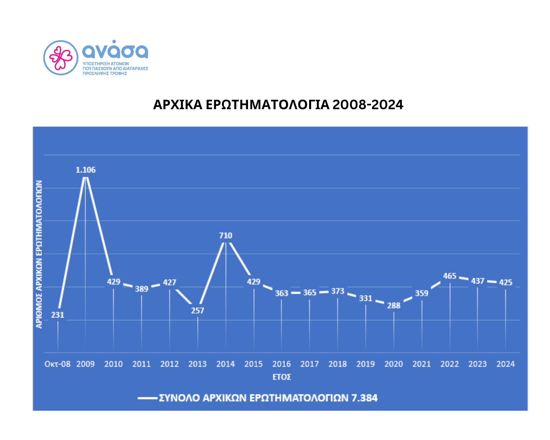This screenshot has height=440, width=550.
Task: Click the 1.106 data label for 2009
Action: pos(86,170)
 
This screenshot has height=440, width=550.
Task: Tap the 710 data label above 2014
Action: pos(226,235)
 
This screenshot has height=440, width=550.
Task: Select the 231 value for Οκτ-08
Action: pos(57,315)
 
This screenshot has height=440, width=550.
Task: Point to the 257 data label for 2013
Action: pos(197,311)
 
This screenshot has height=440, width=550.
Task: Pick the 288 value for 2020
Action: pos(394,306)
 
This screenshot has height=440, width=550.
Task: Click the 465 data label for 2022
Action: pos(450,276)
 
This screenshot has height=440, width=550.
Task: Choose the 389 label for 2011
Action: pos(142,289)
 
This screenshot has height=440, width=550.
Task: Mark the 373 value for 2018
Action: pos(338,291)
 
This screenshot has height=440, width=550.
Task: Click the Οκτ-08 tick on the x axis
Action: pos(57,364)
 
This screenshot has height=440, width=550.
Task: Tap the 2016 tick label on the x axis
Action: pos(281,364)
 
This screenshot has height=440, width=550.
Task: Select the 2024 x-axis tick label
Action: pos(505,364)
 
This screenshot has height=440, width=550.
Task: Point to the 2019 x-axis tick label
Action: pos(365,364)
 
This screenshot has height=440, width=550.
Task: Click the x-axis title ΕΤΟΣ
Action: pos(282,377)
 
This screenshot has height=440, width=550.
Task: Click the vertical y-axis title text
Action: pos(39,254)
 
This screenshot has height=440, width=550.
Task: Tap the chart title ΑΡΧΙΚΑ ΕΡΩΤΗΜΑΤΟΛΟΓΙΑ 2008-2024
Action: pos(278,105)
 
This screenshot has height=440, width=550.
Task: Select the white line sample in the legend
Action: pos(147,398)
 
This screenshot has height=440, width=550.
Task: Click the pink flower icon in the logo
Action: pos(61,58)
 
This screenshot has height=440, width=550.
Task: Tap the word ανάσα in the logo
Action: pos(115,50)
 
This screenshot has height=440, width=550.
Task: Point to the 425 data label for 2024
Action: pos(506,282)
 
